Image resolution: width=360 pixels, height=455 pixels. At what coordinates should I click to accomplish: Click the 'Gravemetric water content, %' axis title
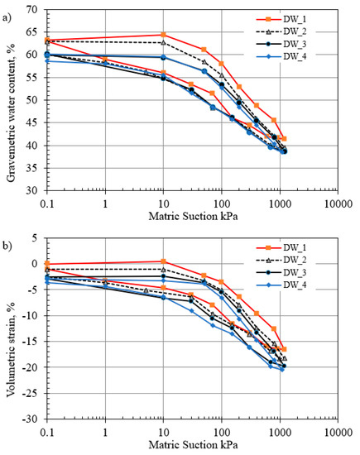point(11,99)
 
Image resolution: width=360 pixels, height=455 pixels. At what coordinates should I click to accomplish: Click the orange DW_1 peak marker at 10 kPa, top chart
point(163,35)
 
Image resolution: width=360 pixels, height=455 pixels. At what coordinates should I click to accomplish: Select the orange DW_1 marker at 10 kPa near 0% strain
point(163,261)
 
